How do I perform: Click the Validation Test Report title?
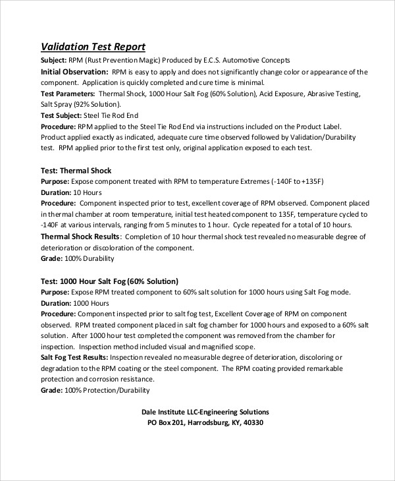(93, 47)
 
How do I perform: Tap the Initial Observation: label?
(74, 71)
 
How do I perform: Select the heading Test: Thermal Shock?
(76, 171)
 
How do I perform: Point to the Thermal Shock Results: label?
(80, 237)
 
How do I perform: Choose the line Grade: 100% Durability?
(74, 259)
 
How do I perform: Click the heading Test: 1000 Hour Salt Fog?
(109, 281)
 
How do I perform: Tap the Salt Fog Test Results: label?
(74, 357)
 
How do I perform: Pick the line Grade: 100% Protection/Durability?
(95, 390)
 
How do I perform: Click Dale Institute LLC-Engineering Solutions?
(205, 412)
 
